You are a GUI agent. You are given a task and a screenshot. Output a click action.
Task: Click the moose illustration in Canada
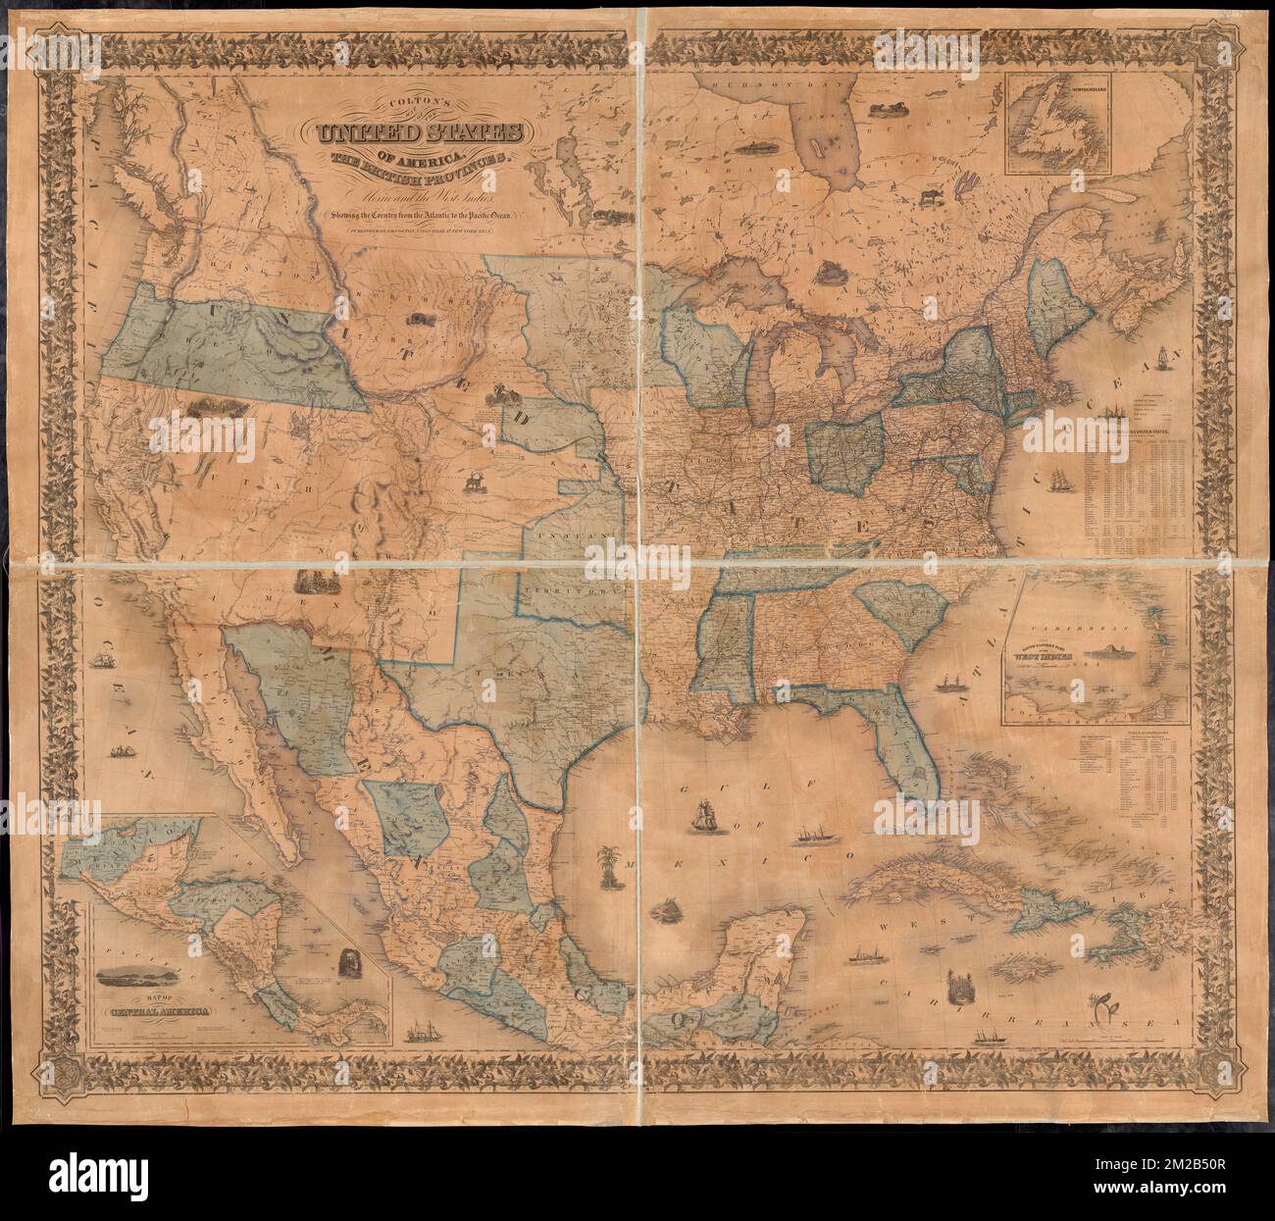point(927,197)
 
